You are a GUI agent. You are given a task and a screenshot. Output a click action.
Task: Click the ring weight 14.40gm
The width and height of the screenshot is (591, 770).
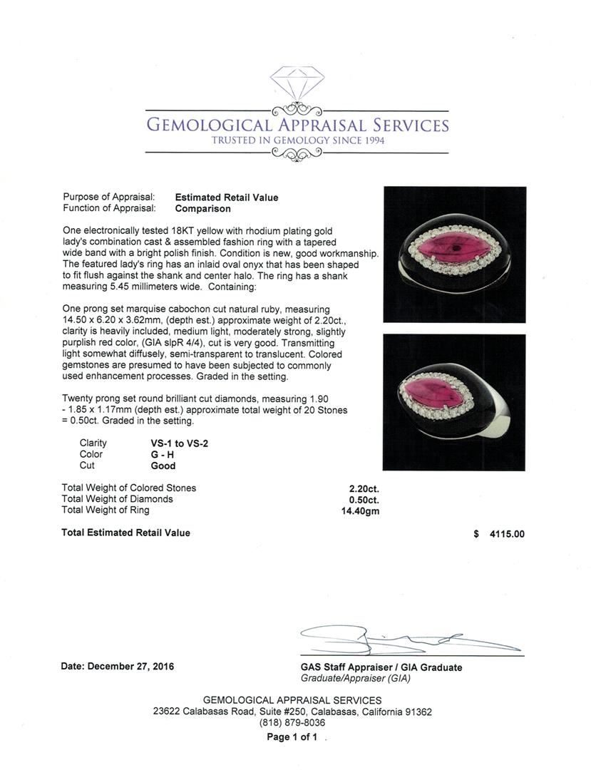(360, 510)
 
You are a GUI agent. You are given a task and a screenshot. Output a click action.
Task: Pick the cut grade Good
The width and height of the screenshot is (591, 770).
(163, 466)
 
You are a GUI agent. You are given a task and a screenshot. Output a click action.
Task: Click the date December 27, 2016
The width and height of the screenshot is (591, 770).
(117, 667)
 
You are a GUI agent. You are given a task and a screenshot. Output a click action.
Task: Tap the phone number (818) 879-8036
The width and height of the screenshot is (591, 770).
(292, 723)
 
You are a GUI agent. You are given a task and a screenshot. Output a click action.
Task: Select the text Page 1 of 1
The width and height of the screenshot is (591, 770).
(292, 737)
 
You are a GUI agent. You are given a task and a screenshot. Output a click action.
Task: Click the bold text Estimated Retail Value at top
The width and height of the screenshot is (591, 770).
(227, 197)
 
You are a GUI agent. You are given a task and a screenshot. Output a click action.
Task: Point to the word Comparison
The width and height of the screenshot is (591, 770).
(202, 209)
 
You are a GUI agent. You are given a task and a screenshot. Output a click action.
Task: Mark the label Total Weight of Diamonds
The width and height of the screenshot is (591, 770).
(117, 499)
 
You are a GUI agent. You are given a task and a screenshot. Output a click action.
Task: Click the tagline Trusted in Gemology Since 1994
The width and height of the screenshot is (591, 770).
(297, 140)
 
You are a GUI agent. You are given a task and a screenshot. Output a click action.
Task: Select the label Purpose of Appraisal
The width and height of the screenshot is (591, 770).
(109, 197)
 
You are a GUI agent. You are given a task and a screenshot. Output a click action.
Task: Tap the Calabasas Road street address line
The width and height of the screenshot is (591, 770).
(292, 712)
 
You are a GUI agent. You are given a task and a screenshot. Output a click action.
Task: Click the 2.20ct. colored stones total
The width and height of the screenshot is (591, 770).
(362, 488)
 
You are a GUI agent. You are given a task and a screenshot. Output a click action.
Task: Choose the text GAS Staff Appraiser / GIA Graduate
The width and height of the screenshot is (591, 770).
(381, 667)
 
